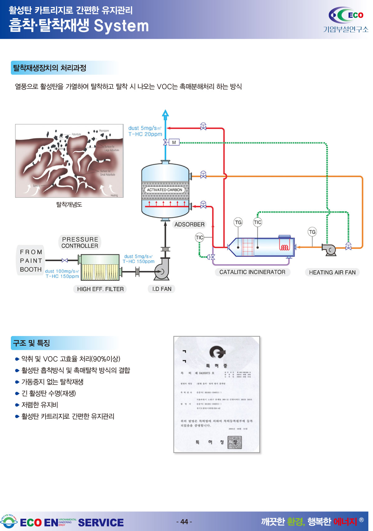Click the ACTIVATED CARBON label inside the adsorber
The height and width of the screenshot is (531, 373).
click(x=164, y=190)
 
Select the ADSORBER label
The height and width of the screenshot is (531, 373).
click(x=189, y=224)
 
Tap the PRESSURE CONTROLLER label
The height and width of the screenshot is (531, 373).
click(x=80, y=242)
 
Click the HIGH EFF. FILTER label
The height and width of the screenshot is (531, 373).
click(x=100, y=289)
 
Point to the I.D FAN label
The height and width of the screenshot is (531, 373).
click(x=162, y=289)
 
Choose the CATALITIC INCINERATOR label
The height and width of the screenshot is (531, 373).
click(x=252, y=272)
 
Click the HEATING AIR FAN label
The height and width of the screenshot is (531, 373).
click(x=332, y=273)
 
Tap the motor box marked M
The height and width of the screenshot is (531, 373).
click(x=174, y=142)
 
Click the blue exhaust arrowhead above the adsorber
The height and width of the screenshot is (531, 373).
click(x=165, y=113)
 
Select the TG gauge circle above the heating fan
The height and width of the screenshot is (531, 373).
click(x=312, y=232)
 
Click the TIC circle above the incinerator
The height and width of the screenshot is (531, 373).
click(x=257, y=222)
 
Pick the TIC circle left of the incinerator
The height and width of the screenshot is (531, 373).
click(x=199, y=238)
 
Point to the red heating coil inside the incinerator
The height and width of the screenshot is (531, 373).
click(x=284, y=247)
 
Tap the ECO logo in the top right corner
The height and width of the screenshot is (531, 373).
click(x=346, y=16)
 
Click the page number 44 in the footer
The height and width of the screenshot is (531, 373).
click(x=184, y=522)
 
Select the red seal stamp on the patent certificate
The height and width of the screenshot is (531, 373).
click(x=235, y=442)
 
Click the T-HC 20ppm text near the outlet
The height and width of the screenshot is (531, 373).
click(x=145, y=134)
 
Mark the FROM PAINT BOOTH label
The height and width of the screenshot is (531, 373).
click(x=30, y=261)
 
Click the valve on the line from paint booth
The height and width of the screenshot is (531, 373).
click(x=65, y=260)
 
